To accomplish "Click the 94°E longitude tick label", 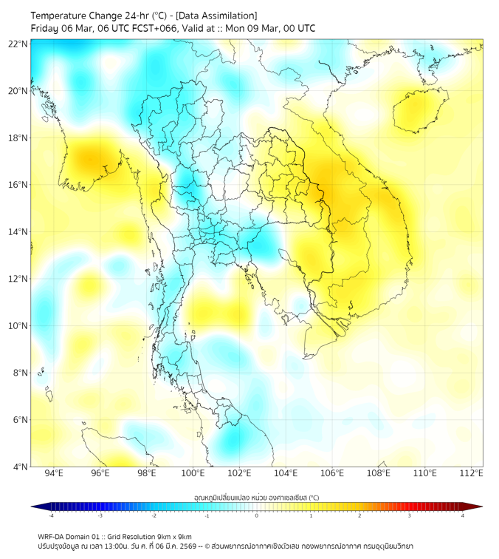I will [x=54, y=473].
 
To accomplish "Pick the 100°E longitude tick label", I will [x=193, y=473].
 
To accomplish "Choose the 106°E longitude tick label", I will [x=332, y=473].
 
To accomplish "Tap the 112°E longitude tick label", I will [x=471, y=473].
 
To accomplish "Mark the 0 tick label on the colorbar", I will [x=257, y=515].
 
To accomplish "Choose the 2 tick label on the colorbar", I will [x=359, y=515].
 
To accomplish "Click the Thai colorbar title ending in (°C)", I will [x=256, y=498].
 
